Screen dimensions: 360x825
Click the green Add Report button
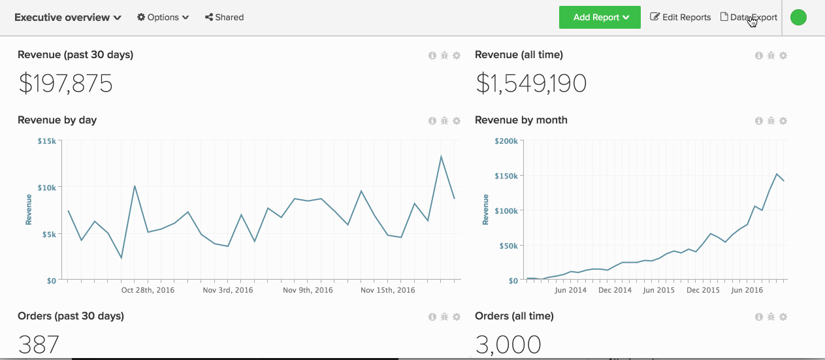(x=599, y=18)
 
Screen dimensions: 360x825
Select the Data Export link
(x=749, y=18)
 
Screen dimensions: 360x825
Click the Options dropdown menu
(x=163, y=18)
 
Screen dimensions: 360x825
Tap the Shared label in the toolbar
(x=224, y=18)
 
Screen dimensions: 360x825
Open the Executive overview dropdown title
(x=68, y=18)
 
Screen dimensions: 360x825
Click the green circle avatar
(x=798, y=18)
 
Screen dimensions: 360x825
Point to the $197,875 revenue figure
(x=65, y=84)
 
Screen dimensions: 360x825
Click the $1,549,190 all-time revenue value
(x=530, y=84)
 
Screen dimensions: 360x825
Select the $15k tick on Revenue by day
(x=46, y=141)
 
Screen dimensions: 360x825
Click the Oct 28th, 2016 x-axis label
(x=148, y=289)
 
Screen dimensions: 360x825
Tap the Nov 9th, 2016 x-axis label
(x=308, y=289)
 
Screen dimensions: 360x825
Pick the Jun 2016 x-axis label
(x=747, y=289)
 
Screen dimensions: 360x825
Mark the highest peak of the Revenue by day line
(x=441, y=156)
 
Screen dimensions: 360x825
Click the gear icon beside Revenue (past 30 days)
(x=457, y=56)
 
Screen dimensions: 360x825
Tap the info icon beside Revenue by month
(x=758, y=121)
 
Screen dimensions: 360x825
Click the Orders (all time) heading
(x=514, y=316)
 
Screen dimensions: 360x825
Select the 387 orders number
(x=39, y=345)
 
